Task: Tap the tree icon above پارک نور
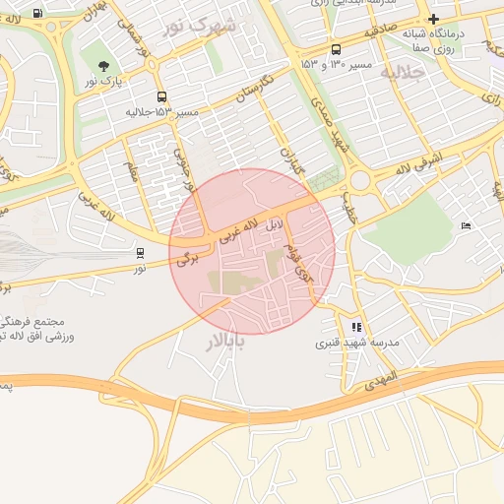(104, 67)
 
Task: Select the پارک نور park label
(104, 83)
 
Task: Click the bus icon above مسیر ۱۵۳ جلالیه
(161, 96)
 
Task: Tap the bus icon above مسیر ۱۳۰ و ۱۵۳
(337, 49)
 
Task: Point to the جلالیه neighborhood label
(402, 74)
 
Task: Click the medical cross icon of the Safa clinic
(433, 19)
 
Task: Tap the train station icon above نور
(139, 253)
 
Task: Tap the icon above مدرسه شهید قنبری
(356, 327)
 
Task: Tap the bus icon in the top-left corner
(37, 14)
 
